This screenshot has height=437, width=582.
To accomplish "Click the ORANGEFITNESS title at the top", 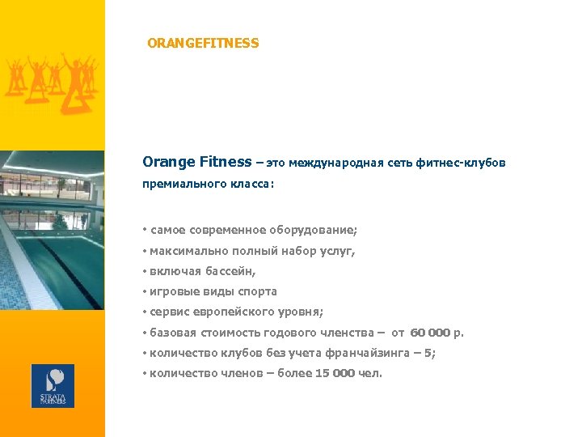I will pyautogui.click(x=203, y=43).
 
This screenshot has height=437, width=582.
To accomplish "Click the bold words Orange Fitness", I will pyautogui.click(x=196, y=162).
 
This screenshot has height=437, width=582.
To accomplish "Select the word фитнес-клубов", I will pyautogui.click(x=462, y=163).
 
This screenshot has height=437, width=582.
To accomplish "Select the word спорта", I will pyautogui.click(x=257, y=291).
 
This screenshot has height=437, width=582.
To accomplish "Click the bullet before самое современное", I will pyautogui.click(x=144, y=231).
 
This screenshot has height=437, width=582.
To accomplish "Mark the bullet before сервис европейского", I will pyautogui.click(x=144, y=312).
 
